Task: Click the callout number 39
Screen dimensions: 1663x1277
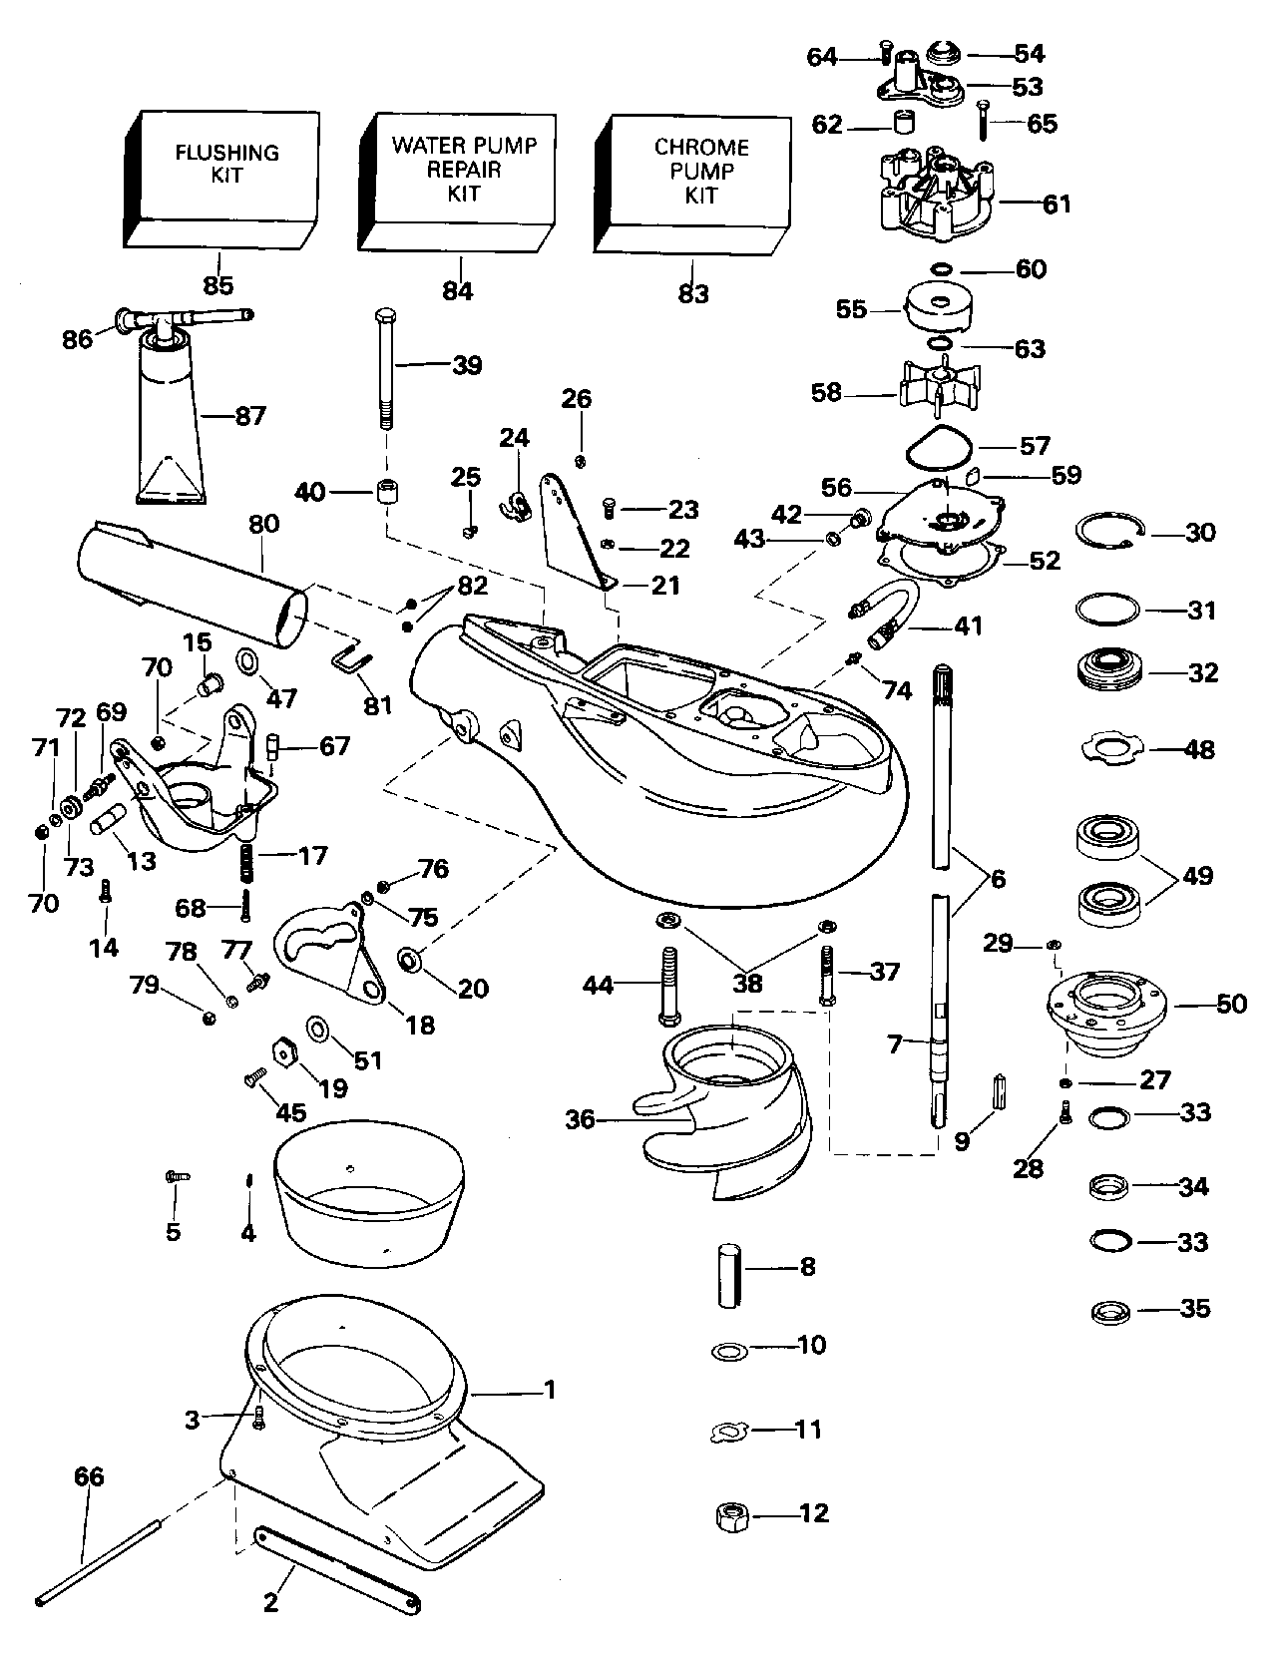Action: pos(466,365)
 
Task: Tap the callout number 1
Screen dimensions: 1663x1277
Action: pos(549,1389)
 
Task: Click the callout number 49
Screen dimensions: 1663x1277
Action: pos(1196,875)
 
